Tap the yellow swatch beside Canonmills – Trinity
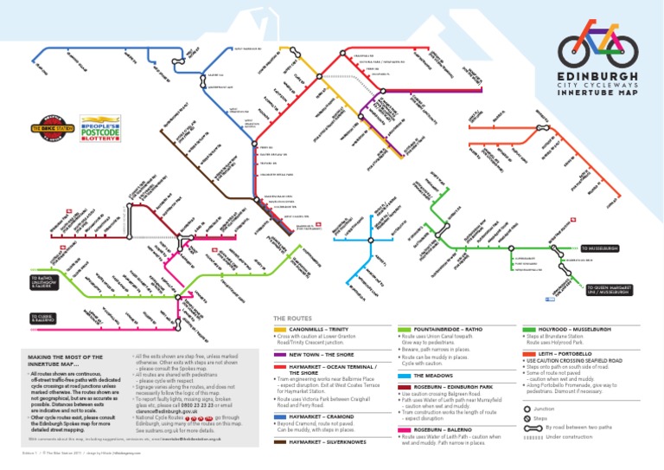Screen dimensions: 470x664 pyautogui.click(x=280, y=330)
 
